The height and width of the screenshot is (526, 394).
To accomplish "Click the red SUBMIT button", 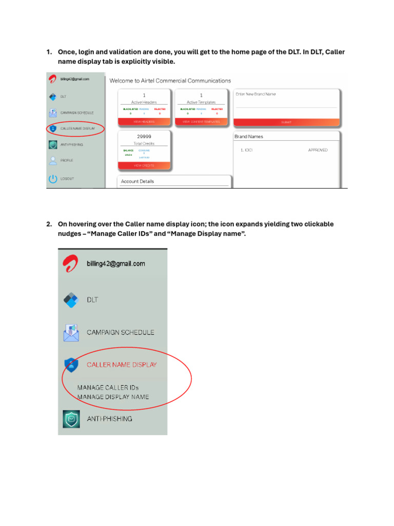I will (286, 122).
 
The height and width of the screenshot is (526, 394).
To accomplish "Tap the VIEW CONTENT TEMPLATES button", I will (201, 122).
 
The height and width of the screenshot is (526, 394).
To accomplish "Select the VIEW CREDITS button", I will (144, 166).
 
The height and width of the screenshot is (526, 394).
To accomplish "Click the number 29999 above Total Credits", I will (144, 136).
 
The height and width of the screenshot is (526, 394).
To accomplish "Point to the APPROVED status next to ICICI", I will (318, 150).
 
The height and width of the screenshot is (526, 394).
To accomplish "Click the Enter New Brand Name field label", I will (255, 94).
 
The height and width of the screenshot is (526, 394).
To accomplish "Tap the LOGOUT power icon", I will (52, 179).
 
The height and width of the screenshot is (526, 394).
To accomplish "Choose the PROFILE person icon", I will (52, 160).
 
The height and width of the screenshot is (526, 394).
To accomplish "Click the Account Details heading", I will (137, 181).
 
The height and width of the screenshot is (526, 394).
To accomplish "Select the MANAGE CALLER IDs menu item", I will (108, 387).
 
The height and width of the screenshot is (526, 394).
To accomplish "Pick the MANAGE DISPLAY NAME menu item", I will (113, 397).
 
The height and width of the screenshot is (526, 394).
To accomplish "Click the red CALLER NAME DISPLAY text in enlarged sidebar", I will (122, 365).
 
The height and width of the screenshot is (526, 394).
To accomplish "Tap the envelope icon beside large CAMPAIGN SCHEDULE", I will (70, 332).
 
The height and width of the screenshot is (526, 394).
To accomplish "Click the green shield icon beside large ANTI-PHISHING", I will (70, 419).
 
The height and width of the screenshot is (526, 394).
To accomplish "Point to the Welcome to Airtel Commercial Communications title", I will (170, 81).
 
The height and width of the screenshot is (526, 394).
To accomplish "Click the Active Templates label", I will (201, 102).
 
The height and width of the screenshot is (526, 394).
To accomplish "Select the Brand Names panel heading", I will (249, 137).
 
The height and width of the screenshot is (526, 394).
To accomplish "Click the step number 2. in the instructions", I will (49, 224).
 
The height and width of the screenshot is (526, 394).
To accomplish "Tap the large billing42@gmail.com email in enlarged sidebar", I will (116, 264).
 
